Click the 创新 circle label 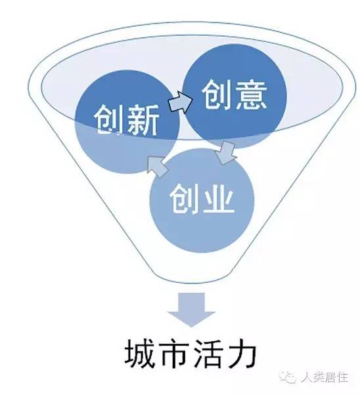(x=126, y=120)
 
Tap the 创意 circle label (x=235, y=94)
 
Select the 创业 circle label (x=202, y=199)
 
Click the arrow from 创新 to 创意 (x=181, y=102)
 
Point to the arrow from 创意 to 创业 (x=225, y=152)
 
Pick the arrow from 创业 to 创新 (x=157, y=167)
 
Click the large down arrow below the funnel (x=191, y=309)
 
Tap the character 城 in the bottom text (x=139, y=354)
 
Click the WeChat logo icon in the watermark (x=288, y=377)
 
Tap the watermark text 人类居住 (x=325, y=377)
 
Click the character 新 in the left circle (x=143, y=120)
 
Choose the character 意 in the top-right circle (x=251, y=94)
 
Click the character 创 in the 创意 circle (x=217, y=94)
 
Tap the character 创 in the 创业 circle (x=185, y=199)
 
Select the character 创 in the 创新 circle (x=110, y=120)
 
